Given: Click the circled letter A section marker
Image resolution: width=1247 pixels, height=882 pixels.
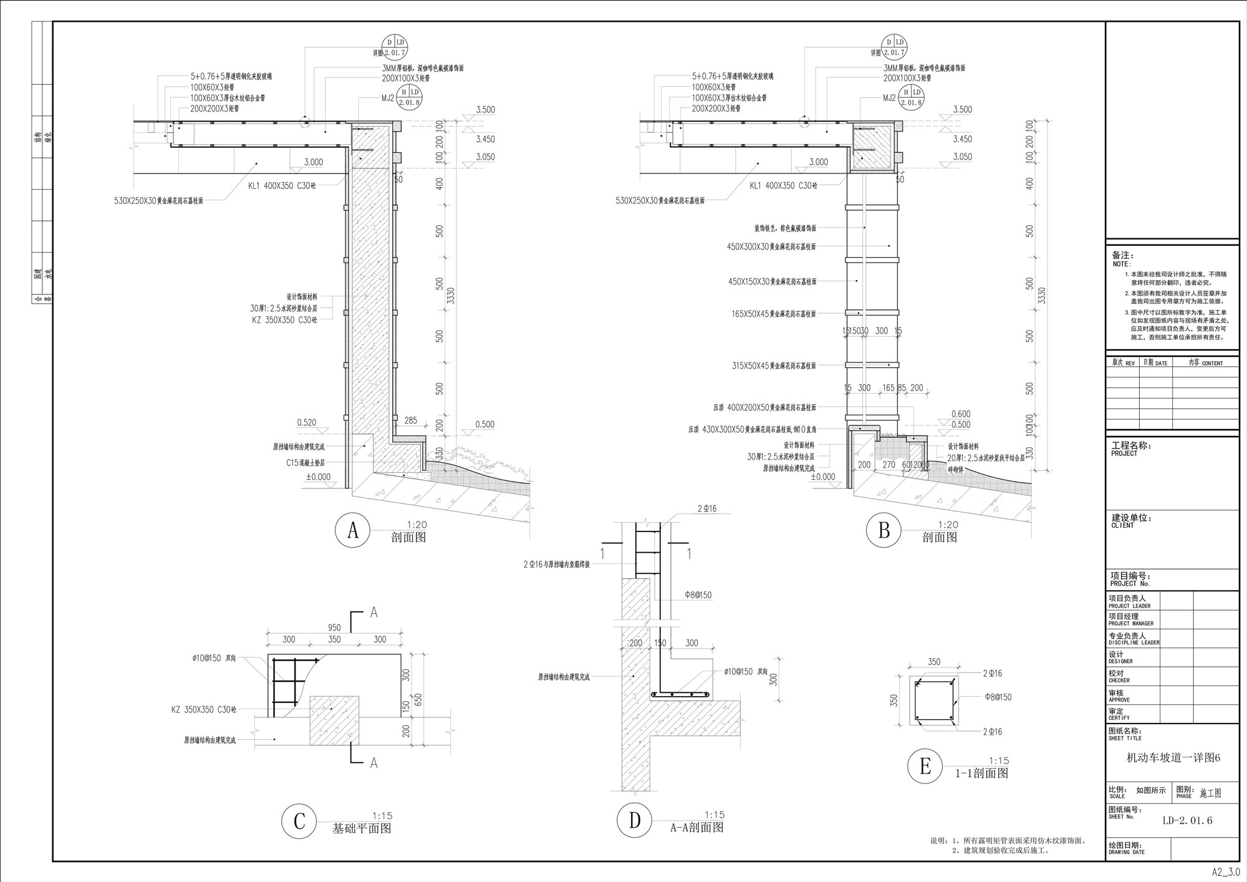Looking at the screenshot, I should click(x=353, y=530).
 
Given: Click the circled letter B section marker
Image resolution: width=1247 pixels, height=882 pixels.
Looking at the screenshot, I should click(x=883, y=530).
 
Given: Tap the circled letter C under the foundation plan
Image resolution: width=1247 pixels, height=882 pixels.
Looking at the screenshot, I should click(x=299, y=821).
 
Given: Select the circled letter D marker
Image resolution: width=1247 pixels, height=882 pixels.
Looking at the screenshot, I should click(x=634, y=820).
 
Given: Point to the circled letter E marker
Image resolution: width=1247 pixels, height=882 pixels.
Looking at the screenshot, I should click(x=925, y=767).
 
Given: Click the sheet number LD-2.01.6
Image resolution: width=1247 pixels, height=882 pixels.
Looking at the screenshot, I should click(x=1187, y=820).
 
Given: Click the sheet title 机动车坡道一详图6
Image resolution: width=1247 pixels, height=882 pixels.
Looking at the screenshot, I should click(x=1172, y=758).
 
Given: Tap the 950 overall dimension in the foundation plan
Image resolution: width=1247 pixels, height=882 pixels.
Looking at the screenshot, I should click(x=334, y=627).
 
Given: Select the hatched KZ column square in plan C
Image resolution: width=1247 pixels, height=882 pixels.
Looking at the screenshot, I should click(x=334, y=720).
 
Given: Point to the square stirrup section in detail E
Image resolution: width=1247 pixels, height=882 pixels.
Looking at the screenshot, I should click(x=934, y=701).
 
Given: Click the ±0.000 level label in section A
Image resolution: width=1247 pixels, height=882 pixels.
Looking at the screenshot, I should click(x=318, y=477).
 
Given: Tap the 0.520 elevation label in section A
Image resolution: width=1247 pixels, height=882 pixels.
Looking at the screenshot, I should click(x=306, y=422).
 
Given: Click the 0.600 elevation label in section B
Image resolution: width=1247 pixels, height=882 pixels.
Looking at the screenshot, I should click(x=961, y=414).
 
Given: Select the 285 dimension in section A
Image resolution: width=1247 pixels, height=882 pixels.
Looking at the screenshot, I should click(x=411, y=421).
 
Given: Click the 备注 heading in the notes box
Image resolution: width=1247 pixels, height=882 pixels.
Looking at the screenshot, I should click(x=1122, y=255).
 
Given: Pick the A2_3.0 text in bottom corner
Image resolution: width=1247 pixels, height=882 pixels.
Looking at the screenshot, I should click(x=1225, y=872).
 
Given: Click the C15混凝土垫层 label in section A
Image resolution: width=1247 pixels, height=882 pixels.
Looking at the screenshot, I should click(x=306, y=463).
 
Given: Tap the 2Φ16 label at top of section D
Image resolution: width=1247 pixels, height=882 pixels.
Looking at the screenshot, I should click(x=706, y=509).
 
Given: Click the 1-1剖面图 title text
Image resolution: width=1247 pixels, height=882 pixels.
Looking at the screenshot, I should click(x=981, y=773).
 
